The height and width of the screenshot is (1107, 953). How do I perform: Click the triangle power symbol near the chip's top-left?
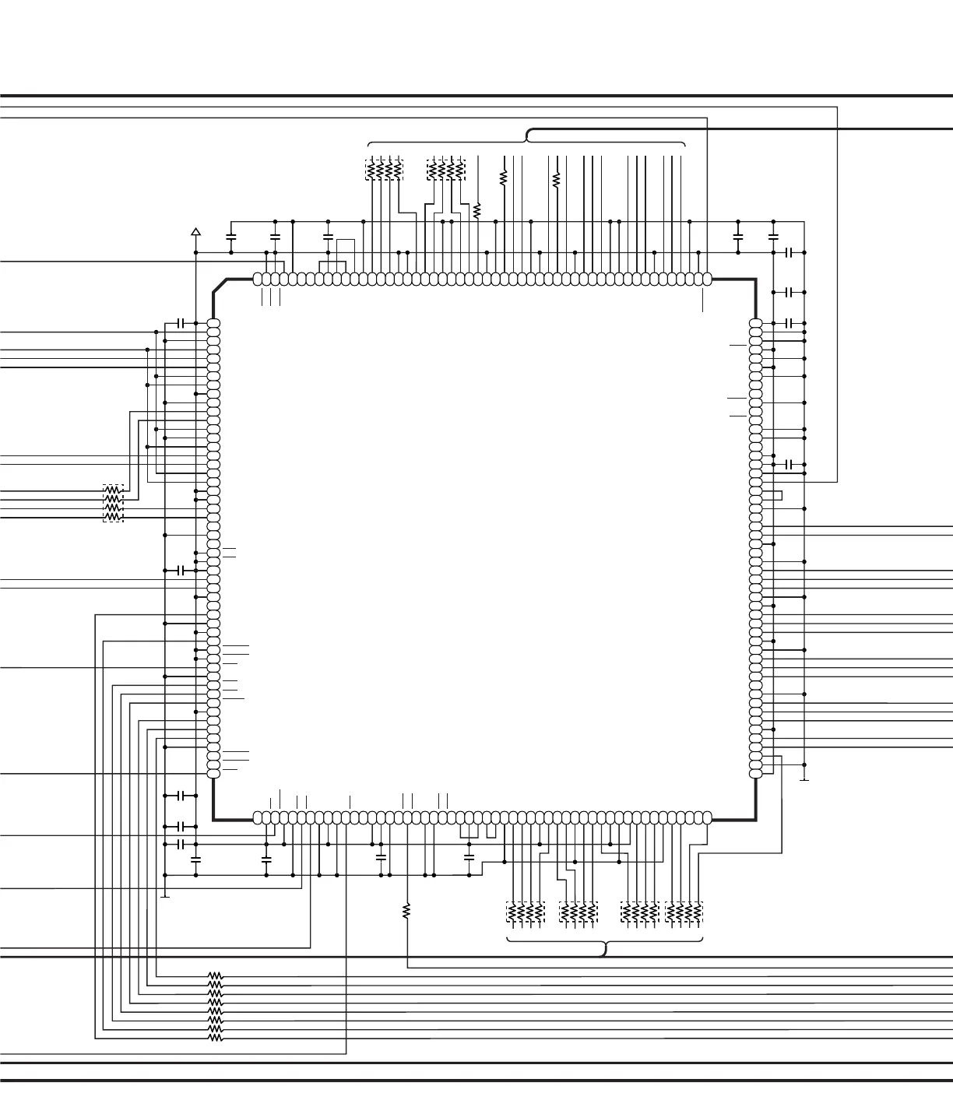tap(195, 231)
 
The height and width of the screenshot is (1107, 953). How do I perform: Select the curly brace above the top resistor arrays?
tap(526, 138)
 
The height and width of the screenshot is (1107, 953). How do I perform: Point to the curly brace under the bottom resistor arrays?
tap(605, 945)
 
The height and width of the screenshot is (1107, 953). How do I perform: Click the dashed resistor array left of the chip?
tap(113, 503)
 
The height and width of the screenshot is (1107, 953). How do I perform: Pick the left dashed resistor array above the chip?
tap(385, 169)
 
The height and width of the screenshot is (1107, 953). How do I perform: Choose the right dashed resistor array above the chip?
tap(446, 169)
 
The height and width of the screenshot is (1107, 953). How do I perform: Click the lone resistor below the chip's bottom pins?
tap(406, 910)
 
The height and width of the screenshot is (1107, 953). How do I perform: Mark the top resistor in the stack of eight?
tap(215, 975)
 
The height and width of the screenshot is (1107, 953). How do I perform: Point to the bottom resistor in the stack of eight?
tap(215, 1038)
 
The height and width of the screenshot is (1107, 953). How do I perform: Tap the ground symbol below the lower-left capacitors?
tap(165, 894)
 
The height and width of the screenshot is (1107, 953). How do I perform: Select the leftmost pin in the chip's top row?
tap(258, 279)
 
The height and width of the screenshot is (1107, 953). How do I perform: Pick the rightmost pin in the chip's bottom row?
tap(706, 817)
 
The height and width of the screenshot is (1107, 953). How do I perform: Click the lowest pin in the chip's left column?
tap(213, 773)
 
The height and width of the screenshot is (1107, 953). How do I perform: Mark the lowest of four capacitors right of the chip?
tap(789, 465)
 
